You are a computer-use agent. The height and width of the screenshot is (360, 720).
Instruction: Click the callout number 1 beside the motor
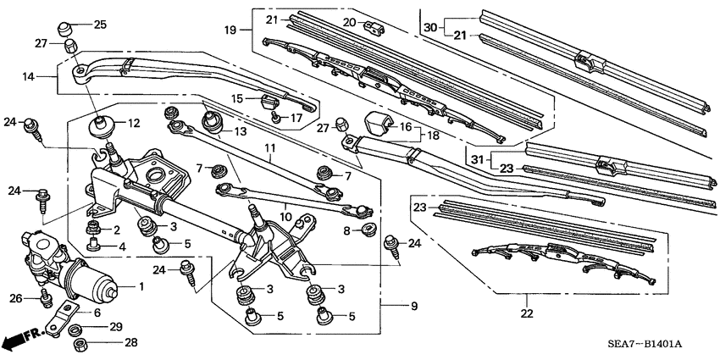point(141,287)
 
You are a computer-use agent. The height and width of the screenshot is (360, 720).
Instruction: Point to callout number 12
point(133,124)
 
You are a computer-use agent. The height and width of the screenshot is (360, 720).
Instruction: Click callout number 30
point(431,27)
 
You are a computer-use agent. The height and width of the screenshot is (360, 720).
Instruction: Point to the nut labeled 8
point(366,230)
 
